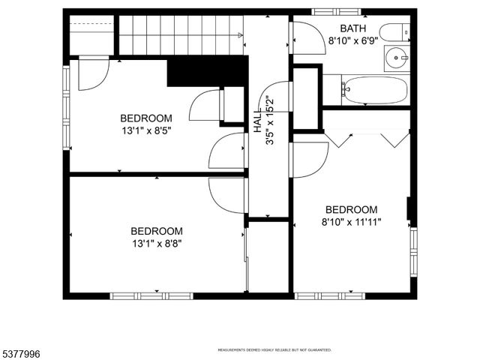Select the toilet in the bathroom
(394, 32)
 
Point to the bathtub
(376, 91)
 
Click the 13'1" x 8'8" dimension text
(157, 243)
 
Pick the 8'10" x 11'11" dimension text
(351, 221)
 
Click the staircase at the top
(180, 34)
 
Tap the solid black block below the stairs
(207, 71)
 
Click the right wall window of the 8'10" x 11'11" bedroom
(412, 252)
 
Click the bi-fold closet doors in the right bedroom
(367, 137)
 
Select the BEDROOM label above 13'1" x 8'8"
(157, 231)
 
